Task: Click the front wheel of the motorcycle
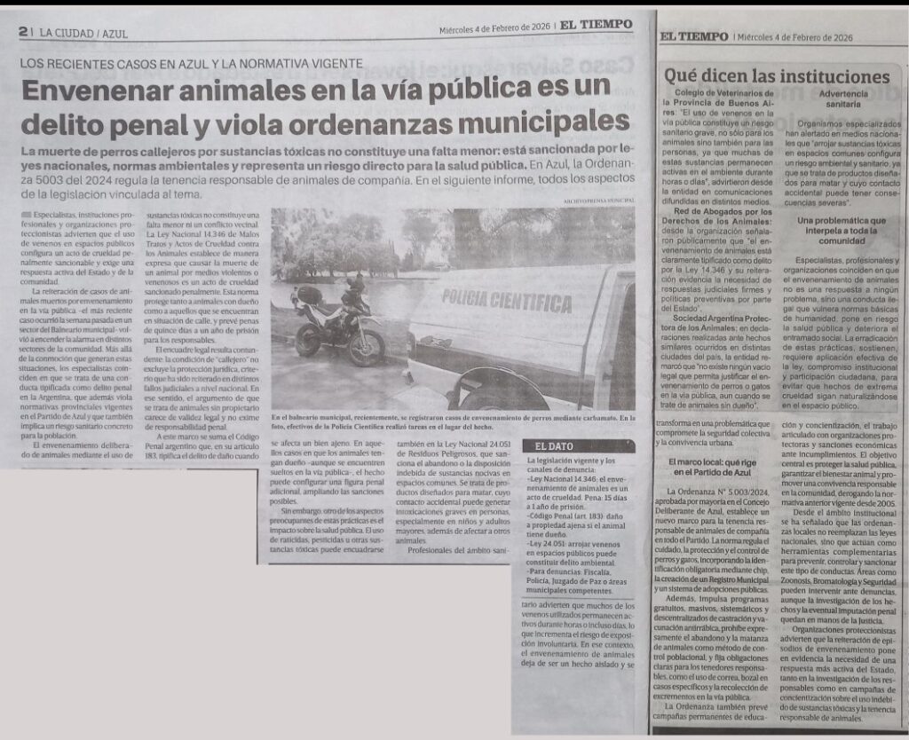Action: pos(366,347)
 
